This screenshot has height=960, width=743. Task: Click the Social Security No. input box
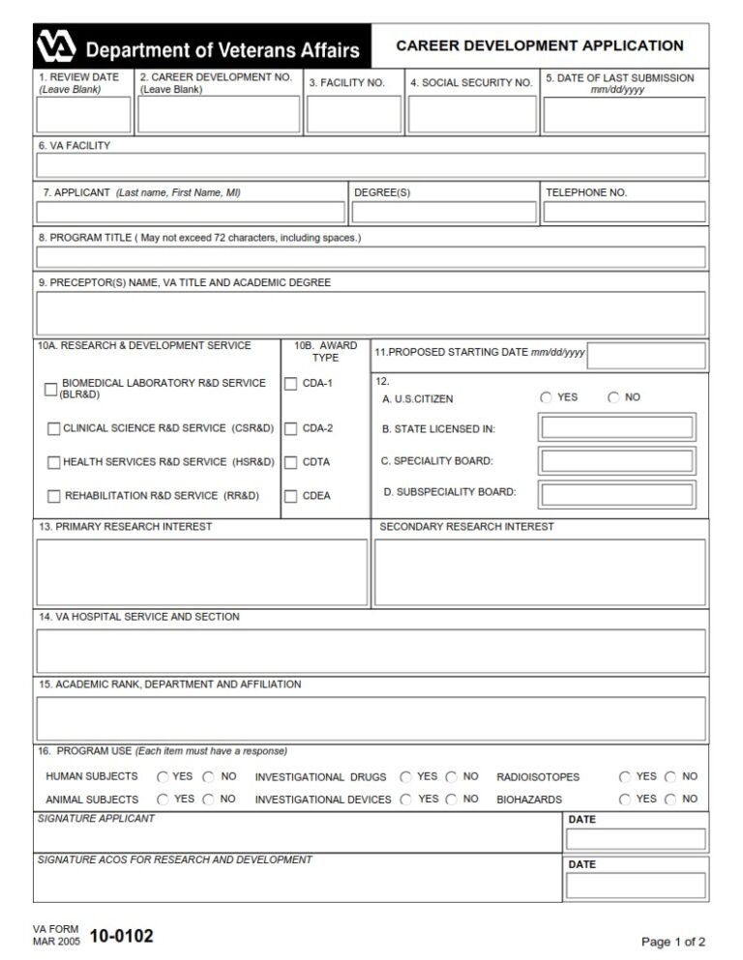(471, 114)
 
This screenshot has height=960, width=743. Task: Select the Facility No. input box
(353, 114)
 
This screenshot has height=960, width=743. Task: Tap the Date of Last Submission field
(624, 115)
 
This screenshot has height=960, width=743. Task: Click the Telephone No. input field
(624, 212)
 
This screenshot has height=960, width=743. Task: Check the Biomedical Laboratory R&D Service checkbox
(51, 390)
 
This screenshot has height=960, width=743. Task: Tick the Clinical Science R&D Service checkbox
(54, 428)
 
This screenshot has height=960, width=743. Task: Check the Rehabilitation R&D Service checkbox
(54, 496)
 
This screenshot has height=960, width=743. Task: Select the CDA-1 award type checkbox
(290, 384)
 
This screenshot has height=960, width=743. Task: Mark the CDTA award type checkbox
(290, 462)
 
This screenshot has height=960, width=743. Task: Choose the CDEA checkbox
(290, 496)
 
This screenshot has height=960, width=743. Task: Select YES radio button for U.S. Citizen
(547, 397)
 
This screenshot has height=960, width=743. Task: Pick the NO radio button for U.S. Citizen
(613, 397)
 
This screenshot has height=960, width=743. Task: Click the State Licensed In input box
(617, 428)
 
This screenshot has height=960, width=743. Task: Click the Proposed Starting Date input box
(646, 356)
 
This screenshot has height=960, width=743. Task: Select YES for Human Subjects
(163, 776)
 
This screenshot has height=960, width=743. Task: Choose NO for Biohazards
(670, 800)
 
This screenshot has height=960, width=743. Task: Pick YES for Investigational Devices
(405, 800)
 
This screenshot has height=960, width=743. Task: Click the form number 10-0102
(121, 936)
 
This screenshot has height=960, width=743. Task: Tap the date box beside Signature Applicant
(636, 839)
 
